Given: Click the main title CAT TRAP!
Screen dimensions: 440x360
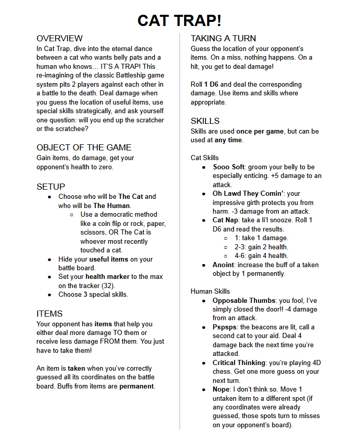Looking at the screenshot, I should click(179, 20).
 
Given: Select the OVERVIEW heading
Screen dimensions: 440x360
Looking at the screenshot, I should click(60, 38).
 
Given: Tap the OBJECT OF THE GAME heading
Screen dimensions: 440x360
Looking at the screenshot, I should click(84, 147).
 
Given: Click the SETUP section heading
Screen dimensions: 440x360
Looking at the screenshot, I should click(51, 187).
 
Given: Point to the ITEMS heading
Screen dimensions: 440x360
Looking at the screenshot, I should click(49, 313).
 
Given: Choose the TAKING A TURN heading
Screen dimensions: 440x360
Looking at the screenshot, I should click(223, 38).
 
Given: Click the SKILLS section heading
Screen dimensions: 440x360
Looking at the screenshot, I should click(205, 121).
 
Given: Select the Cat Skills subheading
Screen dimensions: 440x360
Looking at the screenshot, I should click(204, 158).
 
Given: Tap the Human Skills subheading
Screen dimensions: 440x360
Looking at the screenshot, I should click(210, 291).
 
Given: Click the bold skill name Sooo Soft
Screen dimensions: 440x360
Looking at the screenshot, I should click(229, 167).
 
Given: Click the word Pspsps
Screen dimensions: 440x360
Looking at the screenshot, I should click(225, 327).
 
